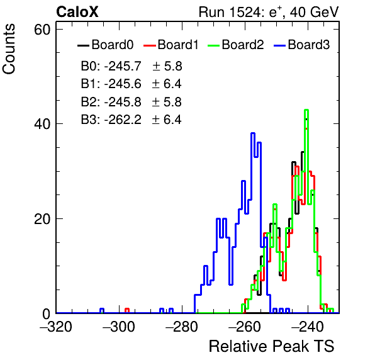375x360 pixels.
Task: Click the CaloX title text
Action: [x=77, y=12]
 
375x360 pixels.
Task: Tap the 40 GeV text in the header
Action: [x=315, y=12]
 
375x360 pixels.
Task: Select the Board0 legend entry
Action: [x=106, y=45]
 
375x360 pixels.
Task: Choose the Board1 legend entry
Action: [x=171, y=45]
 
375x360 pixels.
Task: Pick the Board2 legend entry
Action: [x=236, y=45]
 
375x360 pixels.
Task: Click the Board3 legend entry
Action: [x=302, y=45]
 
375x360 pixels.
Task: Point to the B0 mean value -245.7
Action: [x=123, y=66]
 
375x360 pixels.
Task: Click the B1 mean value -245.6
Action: [x=123, y=84]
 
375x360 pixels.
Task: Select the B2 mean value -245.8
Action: [x=123, y=102]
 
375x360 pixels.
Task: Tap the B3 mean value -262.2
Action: [x=123, y=120]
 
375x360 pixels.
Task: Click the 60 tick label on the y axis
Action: [x=42, y=30]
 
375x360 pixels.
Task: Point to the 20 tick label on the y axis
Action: [x=42, y=219]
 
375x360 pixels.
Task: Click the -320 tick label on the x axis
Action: [x=56, y=327]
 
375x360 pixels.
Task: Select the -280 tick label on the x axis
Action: [x=182, y=327]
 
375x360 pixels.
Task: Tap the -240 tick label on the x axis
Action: [x=308, y=327]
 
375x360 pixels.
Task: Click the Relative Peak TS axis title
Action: [x=272, y=346]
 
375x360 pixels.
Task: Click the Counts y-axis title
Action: [x=9, y=49]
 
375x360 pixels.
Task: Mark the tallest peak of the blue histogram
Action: [x=253, y=133]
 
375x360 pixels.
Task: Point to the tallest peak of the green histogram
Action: [x=306, y=110]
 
